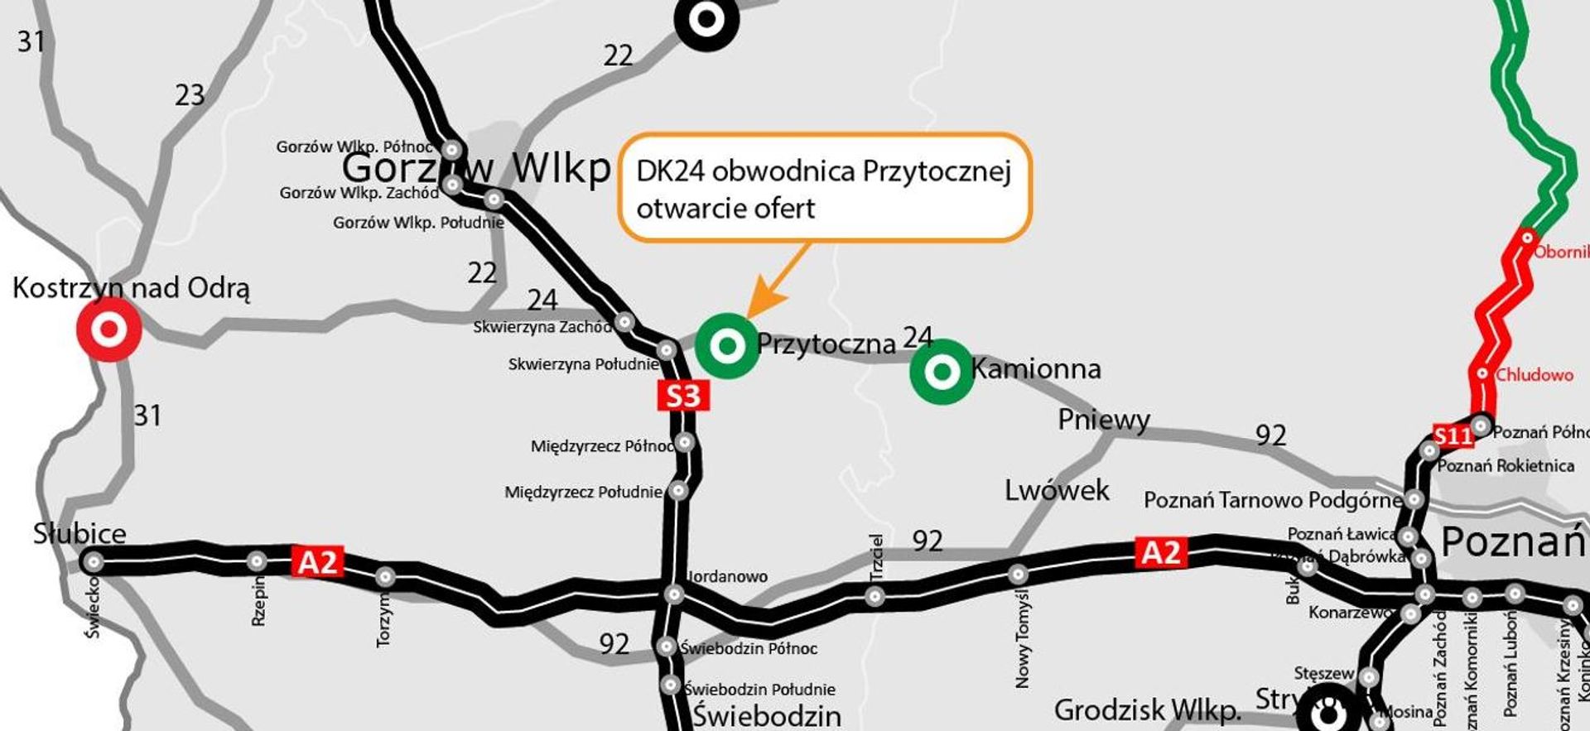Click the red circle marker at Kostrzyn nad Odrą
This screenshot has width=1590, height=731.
(108, 329)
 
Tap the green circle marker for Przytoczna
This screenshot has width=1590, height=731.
(727, 345)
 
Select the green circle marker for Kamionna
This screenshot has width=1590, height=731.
(942, 372)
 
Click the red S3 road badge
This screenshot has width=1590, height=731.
(683, 396)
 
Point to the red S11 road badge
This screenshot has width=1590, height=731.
(1453, 435)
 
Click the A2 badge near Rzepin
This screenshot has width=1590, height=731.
(316, 562)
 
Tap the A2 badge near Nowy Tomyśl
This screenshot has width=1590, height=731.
(1161, 552)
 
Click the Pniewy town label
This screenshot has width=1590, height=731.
(1103, 420)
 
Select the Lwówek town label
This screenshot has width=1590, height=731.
(1057, 490)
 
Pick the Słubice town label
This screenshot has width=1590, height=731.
(79, 533)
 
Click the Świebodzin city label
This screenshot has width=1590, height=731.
(767, 715)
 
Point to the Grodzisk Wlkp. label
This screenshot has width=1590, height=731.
(1148, 709)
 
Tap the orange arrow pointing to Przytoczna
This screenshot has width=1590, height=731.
(774, 281)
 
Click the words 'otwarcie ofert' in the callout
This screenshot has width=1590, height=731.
(725, 208)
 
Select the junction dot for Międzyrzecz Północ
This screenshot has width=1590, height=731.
(684, 442)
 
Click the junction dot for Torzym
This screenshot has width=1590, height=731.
(385, 576)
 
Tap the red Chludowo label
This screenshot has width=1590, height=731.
(1534, 375)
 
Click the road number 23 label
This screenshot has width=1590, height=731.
(190, 95)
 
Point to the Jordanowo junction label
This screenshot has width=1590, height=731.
(727, 576)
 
